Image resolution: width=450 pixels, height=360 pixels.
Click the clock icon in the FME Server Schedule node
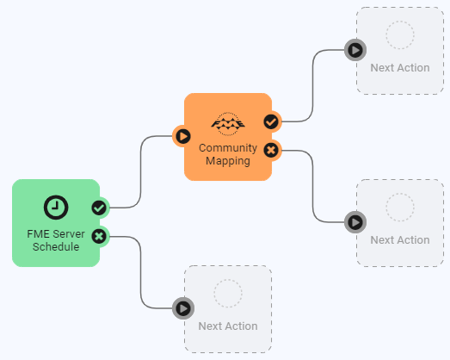click(56, 208)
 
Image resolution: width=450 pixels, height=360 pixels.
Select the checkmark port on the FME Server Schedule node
click(99, 208)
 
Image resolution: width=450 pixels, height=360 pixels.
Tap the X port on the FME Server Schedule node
click(99, 237)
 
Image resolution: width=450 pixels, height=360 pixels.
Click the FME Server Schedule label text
click(56, 240)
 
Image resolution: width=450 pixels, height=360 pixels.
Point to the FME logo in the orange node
click(228, 124)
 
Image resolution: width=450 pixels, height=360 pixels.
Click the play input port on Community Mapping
click(183, 136)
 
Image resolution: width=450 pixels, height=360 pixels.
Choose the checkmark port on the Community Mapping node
click(271, 121)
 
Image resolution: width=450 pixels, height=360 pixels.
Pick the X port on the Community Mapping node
click(271, 150)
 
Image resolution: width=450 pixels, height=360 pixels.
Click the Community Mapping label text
click(228, 154)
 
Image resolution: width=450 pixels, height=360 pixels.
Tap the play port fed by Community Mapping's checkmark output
click(355, 50)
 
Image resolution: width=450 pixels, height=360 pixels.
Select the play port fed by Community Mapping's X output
click(355, 222)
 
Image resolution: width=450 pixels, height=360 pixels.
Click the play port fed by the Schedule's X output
click(183, 308)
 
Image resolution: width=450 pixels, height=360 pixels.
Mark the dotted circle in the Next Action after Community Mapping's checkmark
click(400, 34)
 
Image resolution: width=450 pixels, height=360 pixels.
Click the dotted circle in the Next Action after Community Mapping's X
click(400, 208)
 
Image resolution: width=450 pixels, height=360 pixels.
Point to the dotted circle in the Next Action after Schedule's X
click(228, 294)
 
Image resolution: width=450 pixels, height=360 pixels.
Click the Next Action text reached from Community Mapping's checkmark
click(400, 68)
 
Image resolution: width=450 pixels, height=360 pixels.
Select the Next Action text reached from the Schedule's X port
click(228, 326)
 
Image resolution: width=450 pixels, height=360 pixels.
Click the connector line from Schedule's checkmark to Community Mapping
click(141, 171)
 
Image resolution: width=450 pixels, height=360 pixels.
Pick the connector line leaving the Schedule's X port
click(141, 272)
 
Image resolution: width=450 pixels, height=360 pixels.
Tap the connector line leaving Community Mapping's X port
click(313, 186)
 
